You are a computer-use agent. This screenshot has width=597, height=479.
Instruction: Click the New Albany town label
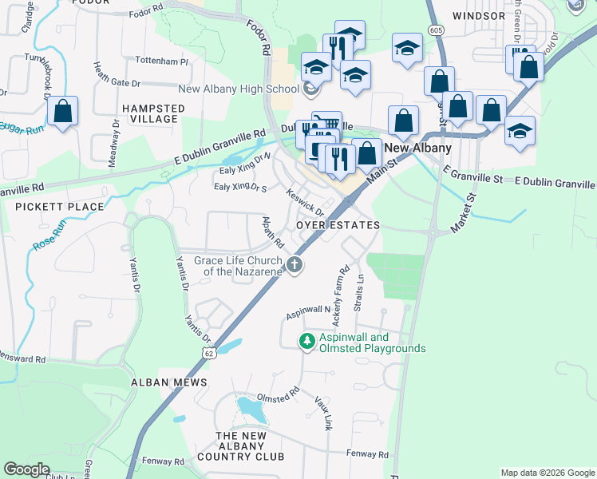pos(418,148)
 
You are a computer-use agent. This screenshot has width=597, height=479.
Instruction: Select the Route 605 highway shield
pos(435,30)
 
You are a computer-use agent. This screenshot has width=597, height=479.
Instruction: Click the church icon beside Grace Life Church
pos(295,264)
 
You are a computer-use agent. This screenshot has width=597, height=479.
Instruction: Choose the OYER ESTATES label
pos(338,226)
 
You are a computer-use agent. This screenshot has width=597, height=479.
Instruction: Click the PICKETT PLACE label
pos(59,207)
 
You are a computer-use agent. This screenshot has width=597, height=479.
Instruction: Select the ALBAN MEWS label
pos(169,382)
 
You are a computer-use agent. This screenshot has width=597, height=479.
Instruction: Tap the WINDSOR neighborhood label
pos(479,15)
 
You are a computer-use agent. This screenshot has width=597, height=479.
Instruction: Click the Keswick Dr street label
pos(306,202)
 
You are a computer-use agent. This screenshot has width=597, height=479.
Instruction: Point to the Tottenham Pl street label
pos(162,61)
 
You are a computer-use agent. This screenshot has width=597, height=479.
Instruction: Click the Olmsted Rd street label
pos(277,395)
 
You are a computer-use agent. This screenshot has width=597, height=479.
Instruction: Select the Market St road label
pos(463,212)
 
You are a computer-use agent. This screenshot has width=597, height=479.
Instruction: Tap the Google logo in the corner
pos(26,469)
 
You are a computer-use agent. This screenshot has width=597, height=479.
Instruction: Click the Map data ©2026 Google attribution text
pos(547,473)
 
